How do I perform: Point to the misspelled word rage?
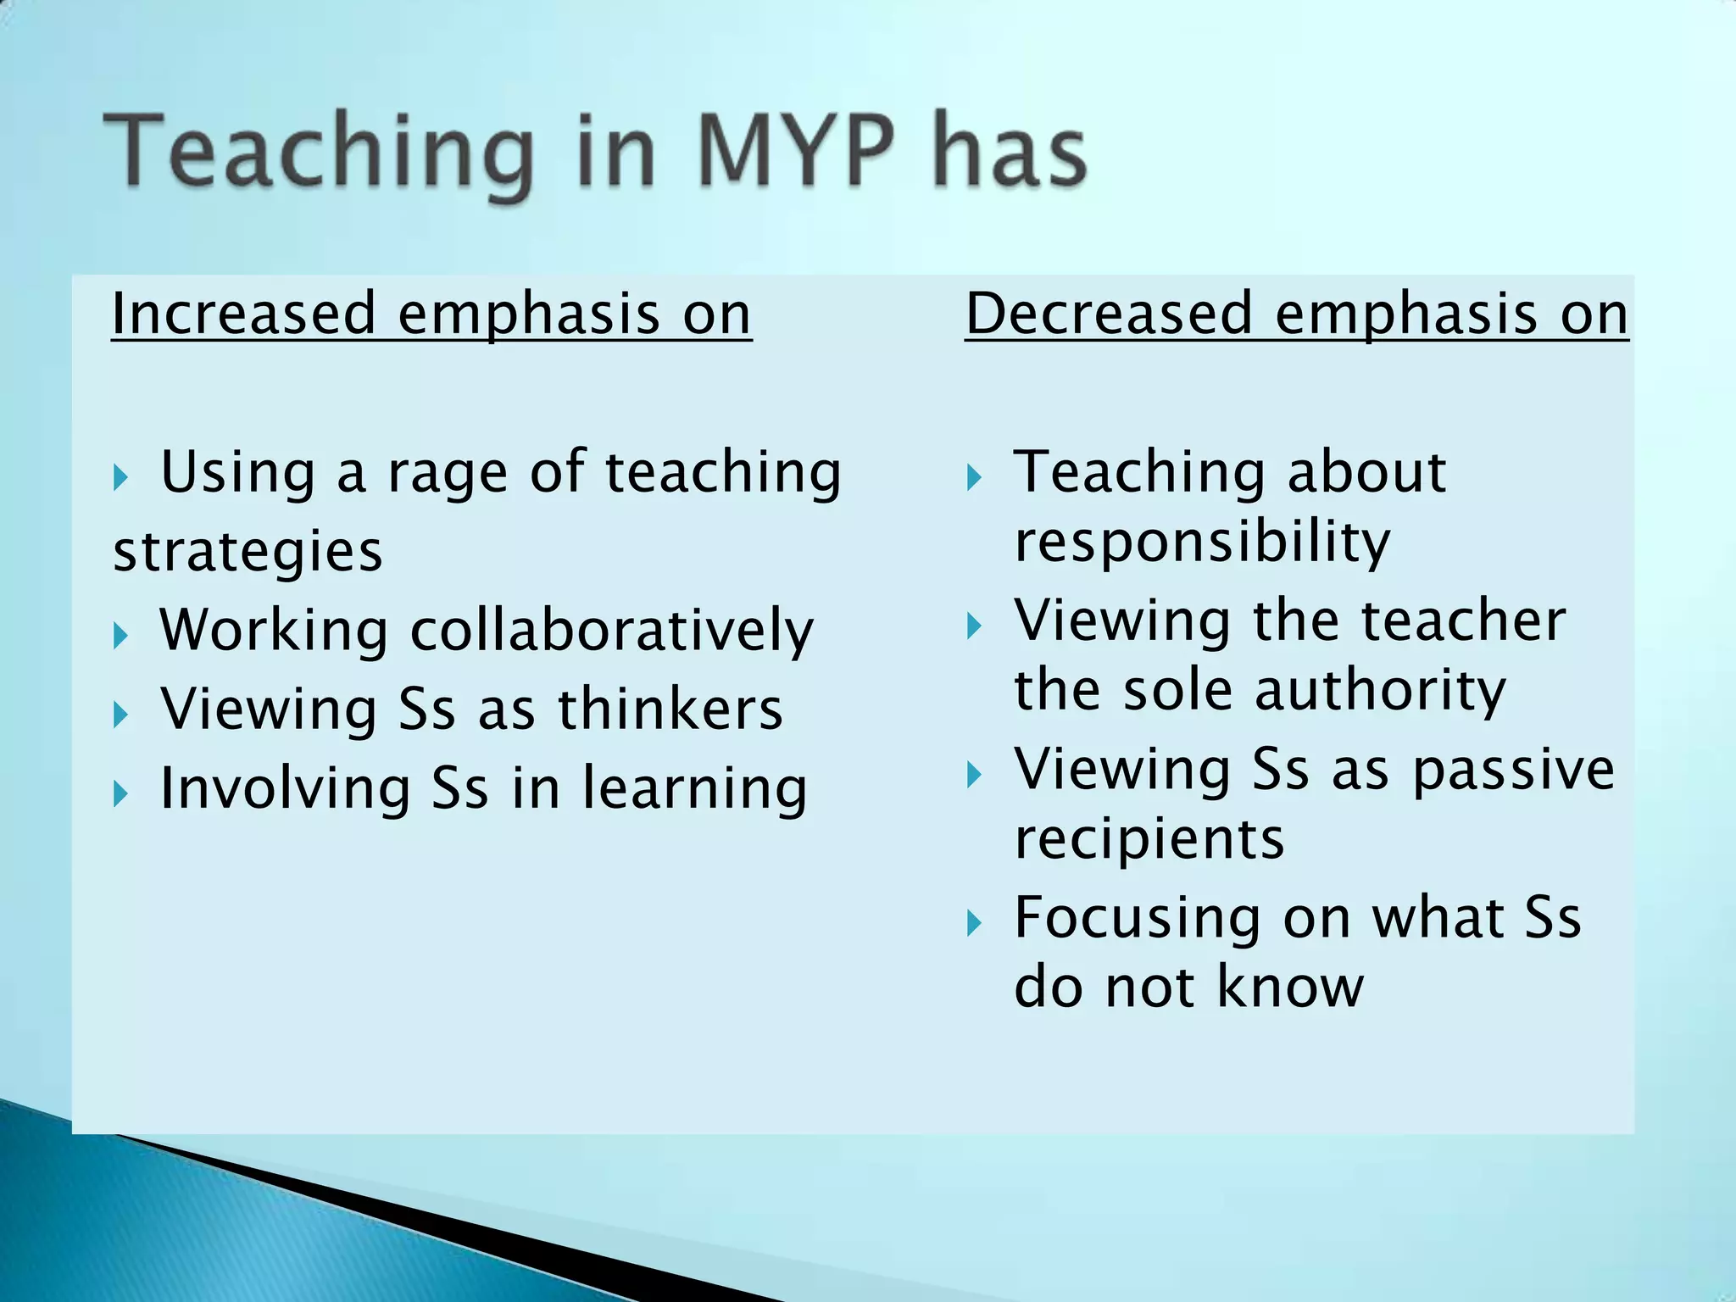(x=447, y=473)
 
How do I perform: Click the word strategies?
(x=248, y=552)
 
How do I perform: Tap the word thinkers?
(x=670, y=709)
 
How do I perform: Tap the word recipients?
(x=1149, y=839)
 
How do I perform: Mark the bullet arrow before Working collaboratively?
(x=120, y=635)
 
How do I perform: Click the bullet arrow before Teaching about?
(x=974, y=478)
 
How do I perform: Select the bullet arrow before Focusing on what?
(x=974, y=923)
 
